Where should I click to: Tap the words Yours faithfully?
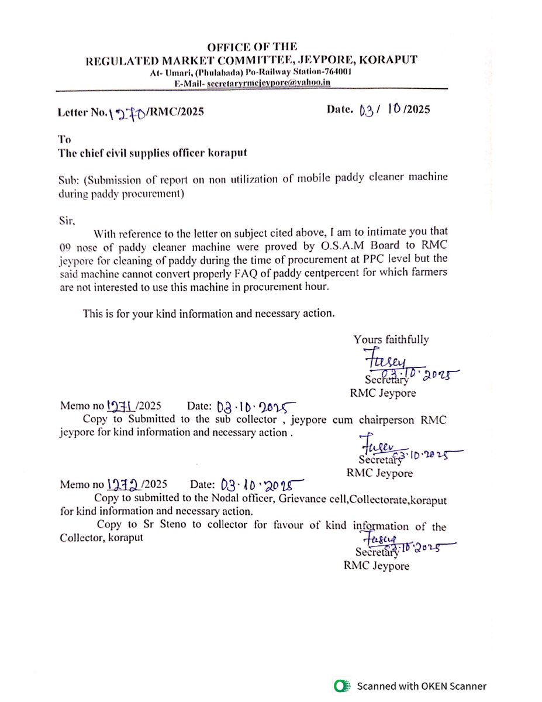(391, 339)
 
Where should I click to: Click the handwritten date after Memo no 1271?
(254, 407)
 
